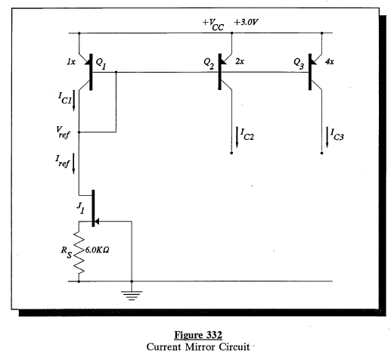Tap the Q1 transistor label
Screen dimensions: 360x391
(x=101, y=59)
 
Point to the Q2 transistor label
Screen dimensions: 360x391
(x=209, y=65)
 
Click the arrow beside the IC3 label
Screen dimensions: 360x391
(x=327, y=136)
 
